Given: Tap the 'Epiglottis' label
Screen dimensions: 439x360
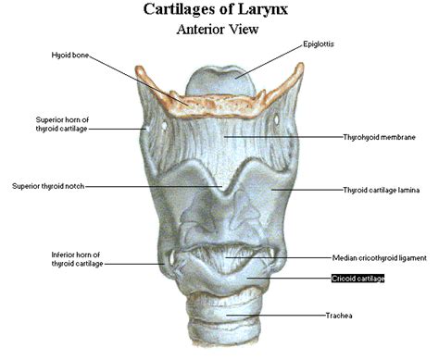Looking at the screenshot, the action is tap(321, 43).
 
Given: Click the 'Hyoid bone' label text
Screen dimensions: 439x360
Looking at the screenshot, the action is tap(70, 56).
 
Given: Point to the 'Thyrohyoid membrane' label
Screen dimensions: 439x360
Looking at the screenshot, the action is tap(378, 137).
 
